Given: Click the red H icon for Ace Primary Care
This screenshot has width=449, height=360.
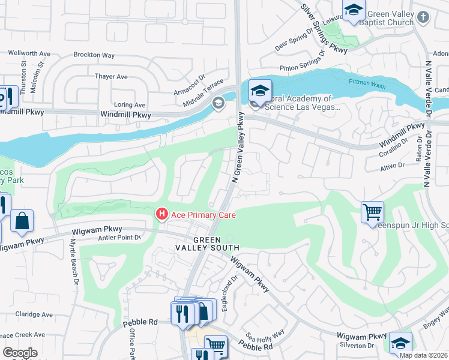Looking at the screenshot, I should (x=161, y=214).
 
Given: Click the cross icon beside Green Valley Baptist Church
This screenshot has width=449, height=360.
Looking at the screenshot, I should (x=424, y=17).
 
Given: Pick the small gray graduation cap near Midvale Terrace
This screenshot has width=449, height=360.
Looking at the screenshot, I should (x=218, y=104).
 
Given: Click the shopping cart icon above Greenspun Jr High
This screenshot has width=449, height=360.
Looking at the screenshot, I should (x=372, y=212).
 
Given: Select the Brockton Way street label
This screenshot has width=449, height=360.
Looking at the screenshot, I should (x=94, y=55).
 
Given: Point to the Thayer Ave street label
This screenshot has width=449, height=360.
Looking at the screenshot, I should (x=111, y=77).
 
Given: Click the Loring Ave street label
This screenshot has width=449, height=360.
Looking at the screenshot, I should (x=130, y=104).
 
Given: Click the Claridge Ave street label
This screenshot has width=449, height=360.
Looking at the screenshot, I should (x=34, y=314).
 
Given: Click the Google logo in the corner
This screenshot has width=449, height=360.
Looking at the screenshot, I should (x=20, y=353).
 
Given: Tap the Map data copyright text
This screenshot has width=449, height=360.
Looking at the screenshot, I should (x=423, y=355).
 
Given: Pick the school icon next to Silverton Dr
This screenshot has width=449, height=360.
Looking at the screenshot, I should (x=400, y=343).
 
